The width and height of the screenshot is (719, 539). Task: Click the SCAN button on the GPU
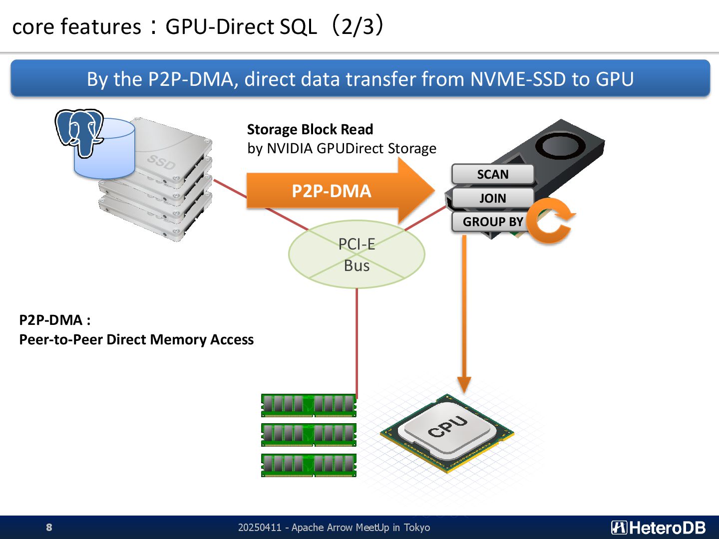pyautogui.click(x=493, y=174)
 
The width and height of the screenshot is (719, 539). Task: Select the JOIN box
pyautogui.click(x=493, y=198)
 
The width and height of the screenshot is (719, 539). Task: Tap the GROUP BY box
pyautogui.click(x=491, y=222)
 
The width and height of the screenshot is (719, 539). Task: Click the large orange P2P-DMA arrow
pyautogui.click(x=341, y=191)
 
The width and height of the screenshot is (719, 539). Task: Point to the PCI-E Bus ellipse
pyautogui.click(x=357, y=255)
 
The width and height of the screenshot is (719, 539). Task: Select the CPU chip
pyautogui.click(x=447, y=433)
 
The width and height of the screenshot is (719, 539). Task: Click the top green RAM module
pyautogui.click(x=309, y=405)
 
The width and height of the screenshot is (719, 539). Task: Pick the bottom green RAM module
pyautogui.click(x=309, y=465)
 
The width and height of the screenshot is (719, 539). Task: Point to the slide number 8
pyautogui.click(x=49, y=527)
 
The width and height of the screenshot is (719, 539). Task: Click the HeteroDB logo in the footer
pyautogui.click(x=658, y=528)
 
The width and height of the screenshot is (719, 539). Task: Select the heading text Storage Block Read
pyautogui.click(x=310, y=129)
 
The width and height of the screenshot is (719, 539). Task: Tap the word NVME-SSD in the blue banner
pyautogui.click(x=518, y=79)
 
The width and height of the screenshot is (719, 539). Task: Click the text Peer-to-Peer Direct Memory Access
pyautogui.click(x=136, y=340)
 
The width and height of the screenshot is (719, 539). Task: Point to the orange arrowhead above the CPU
pyautogui.click(x=464, y=384)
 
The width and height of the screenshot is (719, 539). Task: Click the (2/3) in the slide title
pyautogui.click(x=358, y=25)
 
